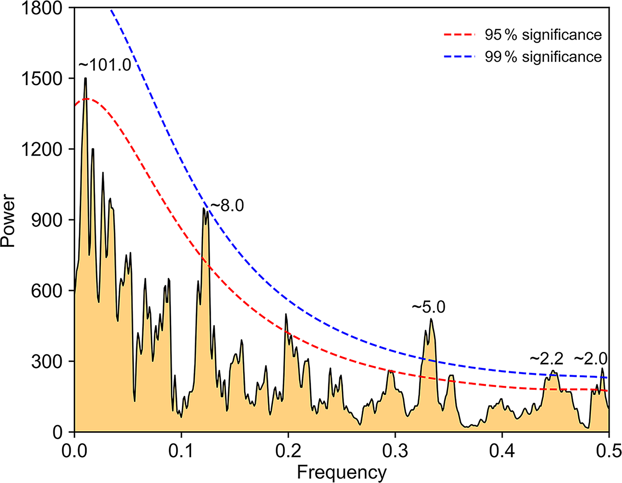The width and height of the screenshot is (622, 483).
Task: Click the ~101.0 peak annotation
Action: click(x=105, y=65)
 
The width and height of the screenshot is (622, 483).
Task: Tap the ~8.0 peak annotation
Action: click(x=227, y=206)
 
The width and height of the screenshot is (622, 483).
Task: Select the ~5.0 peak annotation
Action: click(x=428, y=307)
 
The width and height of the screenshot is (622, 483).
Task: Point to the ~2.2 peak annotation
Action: click(x=546, y=359)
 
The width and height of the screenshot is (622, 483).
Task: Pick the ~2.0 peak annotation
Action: click(x=590, y=359)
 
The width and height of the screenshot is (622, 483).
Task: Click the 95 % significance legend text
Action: click(x=543, y=35)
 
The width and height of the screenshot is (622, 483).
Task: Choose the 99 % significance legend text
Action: click(x=543, y=57)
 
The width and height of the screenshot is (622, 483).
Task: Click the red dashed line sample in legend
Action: click(x=459, y=35)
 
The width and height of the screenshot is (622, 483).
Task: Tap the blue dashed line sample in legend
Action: click(x=459, y=57)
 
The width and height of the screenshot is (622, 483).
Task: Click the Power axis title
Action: click(x=8, y=220)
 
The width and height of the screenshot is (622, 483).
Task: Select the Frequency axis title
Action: click(x=342, y=473)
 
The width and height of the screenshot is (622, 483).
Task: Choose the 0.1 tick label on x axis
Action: click(x=181, y=450)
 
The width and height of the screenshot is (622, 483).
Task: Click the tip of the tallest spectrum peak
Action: click(x=85, y=78)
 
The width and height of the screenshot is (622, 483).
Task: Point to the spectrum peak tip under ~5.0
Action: click(x=431, y=319)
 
